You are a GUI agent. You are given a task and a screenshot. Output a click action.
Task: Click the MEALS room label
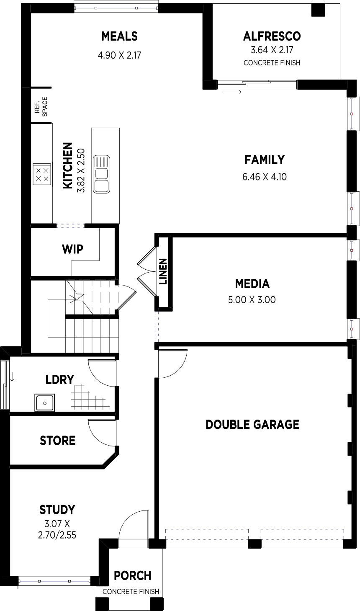[x=119, y=36]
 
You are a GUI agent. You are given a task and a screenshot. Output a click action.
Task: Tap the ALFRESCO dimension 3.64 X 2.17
[x=272, y=50]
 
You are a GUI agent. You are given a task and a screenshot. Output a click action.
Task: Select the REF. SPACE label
[x=41, y=107]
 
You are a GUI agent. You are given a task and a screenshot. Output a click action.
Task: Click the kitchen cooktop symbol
[x=42, y=174]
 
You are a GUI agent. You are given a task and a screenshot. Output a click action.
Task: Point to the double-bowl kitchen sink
[x=101, y=174]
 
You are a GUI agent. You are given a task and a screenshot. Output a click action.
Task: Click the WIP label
[x=72, y=249]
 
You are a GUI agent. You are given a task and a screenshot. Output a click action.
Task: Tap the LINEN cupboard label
[x=163, y=271]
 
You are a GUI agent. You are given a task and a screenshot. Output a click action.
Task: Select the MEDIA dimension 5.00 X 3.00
[x=252, y=300]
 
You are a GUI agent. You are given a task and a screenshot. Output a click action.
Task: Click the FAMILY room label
[x=265, y=160]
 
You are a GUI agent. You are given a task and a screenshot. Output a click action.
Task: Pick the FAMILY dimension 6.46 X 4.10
[x=265, y=177]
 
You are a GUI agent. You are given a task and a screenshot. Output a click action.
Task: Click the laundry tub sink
[x=44, y=402]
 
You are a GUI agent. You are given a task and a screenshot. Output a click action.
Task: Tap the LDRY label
[x=60, y=379]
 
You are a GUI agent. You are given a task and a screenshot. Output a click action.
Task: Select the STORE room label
[x=57, y=441]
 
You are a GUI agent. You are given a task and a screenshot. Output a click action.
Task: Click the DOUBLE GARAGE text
[x=252, y=425]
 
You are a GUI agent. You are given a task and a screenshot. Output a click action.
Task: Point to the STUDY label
[x=57, y=510]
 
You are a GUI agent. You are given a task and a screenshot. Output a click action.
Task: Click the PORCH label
[x=132, y=576]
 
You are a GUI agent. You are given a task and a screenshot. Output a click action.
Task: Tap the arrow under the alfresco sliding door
[x=232, y=92]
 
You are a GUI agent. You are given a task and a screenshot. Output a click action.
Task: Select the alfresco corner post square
[x=318, y=10]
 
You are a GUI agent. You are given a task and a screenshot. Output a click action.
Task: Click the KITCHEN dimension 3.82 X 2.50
[x=81, y=170]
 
